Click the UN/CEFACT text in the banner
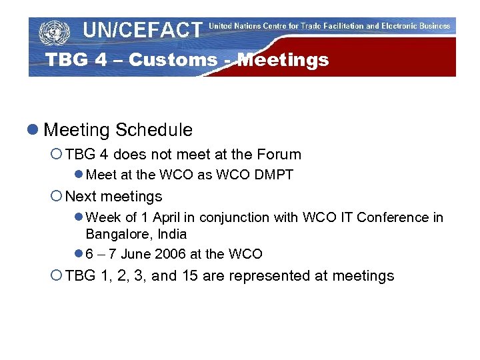tap(142, 30)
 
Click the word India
tap(173, 235)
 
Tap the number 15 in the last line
tap(189, 276)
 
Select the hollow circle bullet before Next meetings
tap(57, 197)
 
